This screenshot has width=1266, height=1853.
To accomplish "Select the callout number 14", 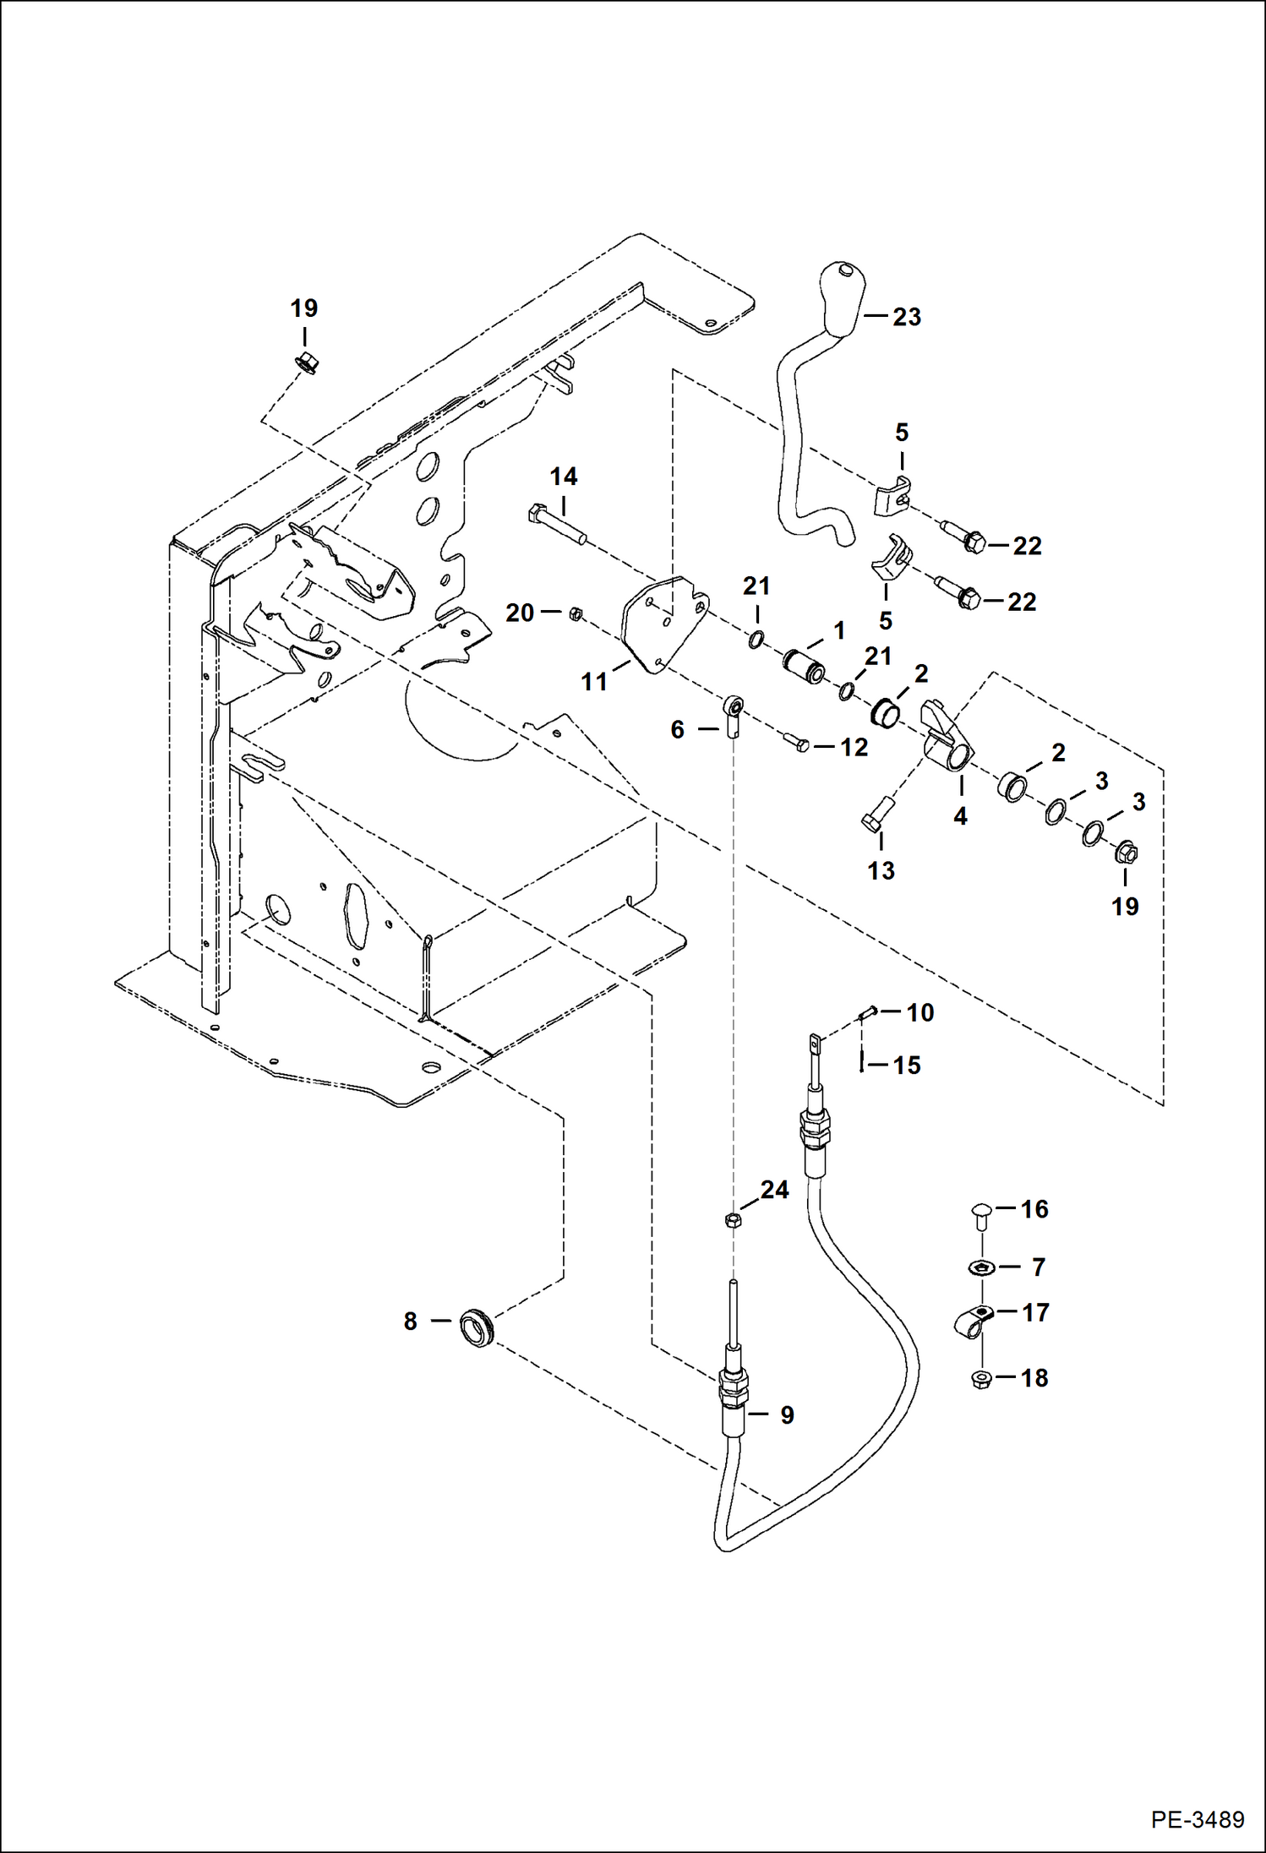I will [x=563, y=477].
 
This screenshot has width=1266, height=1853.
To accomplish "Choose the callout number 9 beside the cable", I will [x=787, y=1415].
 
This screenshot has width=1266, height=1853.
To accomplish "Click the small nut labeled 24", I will [x=733, y=1220].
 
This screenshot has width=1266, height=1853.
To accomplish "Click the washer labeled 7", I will [x=980, y=1267].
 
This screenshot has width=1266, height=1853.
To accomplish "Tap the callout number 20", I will [x=519, y=613].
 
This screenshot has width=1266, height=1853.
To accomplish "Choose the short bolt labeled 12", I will [x=796, y=743].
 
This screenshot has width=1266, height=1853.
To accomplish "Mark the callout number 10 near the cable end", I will [x=919, y=1012].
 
